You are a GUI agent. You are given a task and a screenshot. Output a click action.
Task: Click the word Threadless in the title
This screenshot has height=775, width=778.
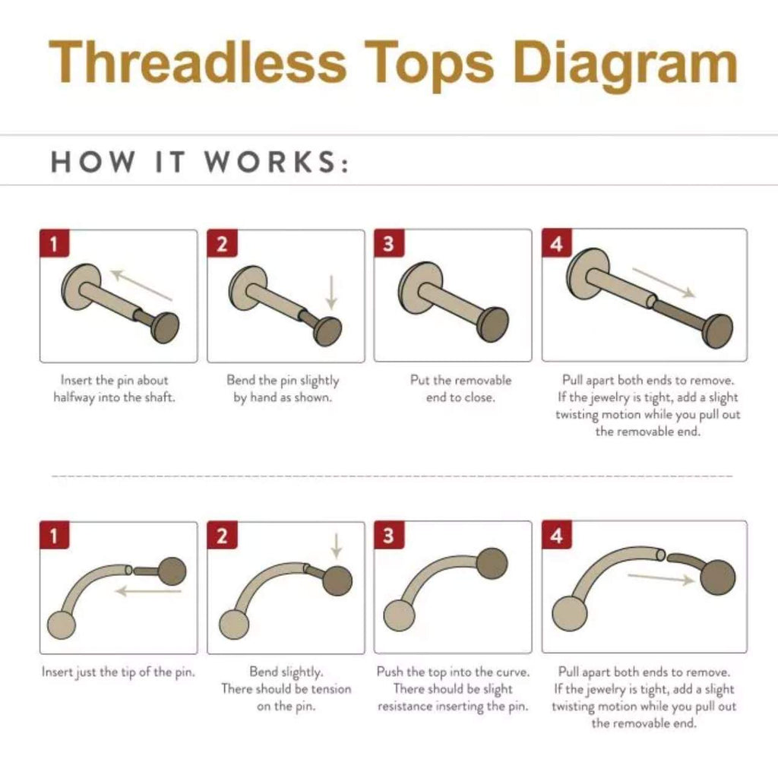198,62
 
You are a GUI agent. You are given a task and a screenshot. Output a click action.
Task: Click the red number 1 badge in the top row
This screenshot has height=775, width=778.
55,243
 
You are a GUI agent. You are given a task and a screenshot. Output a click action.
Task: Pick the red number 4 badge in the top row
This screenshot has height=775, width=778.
557,243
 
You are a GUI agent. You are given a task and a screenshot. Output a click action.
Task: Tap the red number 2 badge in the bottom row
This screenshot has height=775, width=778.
222,535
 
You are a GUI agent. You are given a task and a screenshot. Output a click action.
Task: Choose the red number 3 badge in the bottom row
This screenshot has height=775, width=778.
389,535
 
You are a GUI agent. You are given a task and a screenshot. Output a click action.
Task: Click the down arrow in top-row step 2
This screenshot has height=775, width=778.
331,293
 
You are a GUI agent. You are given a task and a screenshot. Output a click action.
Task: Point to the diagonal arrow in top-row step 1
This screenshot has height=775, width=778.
141,285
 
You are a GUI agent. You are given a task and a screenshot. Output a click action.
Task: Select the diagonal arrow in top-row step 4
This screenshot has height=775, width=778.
664,283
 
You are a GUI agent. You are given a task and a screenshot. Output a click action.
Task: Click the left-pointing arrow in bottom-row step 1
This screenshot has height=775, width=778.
148,591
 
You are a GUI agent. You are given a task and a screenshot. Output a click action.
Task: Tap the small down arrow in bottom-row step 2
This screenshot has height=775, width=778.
337,546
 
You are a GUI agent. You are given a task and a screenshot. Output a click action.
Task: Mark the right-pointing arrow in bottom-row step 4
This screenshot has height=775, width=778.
661,578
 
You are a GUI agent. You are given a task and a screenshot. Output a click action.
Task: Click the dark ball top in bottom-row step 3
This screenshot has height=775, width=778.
492,564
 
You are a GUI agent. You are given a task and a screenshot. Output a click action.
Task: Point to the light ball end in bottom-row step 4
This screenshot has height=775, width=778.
570,614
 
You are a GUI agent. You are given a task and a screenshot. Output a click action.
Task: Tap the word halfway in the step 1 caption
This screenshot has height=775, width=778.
74,398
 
